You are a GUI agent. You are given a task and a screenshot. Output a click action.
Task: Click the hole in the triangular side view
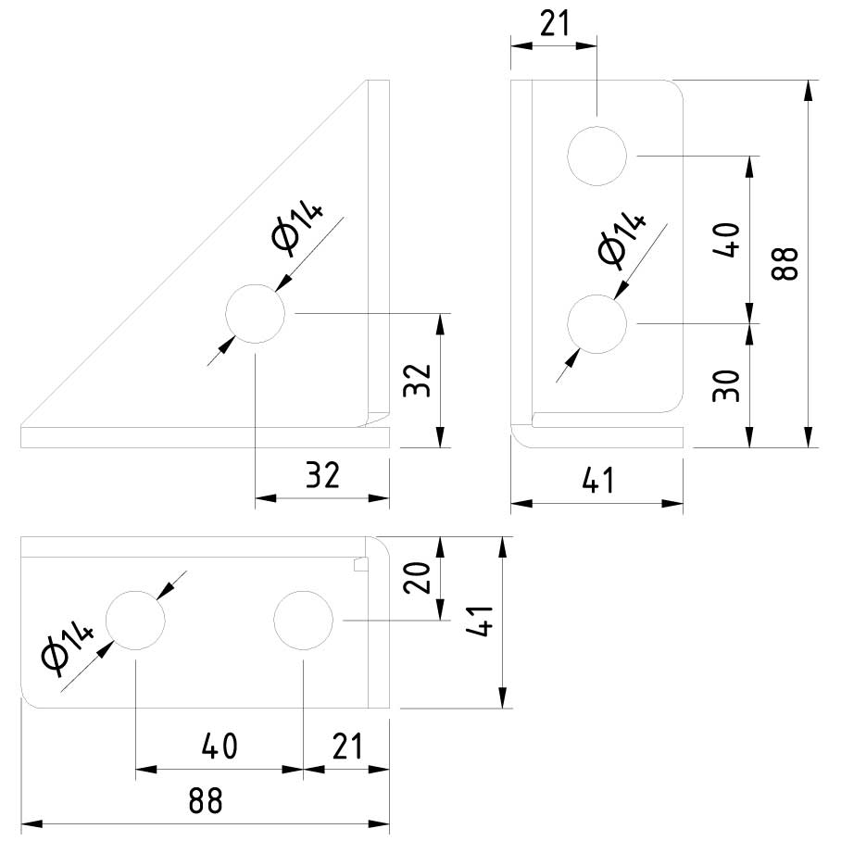pos(255,314)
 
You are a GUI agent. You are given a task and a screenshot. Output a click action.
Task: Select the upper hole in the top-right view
pos(597,156)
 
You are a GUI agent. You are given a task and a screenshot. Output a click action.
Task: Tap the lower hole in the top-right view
pos(597,323)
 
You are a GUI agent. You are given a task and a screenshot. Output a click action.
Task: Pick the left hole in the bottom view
pos(136,620)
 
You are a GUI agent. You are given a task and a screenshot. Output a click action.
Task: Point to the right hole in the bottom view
pos(304,620)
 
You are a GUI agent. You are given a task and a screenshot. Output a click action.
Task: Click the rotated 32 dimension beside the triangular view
pos(418,380)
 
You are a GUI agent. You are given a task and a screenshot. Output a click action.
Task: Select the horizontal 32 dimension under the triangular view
pos(322,476)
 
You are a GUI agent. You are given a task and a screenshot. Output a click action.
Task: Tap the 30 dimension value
pos(729,384)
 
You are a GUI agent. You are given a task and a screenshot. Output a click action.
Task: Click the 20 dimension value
pos(419,579)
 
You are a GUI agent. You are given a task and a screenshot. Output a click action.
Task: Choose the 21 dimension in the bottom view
pos(345,746)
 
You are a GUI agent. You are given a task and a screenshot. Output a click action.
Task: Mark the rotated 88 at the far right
pos(786,264)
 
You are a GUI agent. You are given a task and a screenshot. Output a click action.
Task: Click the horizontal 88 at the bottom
pos(205,800)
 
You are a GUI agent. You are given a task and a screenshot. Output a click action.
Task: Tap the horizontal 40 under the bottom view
pos(220,746)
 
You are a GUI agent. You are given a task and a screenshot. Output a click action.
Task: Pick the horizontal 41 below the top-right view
pos(596,481)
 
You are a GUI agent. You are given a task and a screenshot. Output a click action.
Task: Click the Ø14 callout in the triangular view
pos(297,228)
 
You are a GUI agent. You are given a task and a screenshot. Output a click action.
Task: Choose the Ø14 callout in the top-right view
pos(621,239)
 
